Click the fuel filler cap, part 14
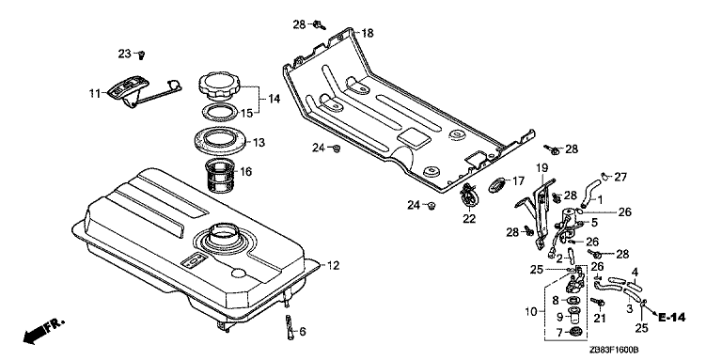[219, 86]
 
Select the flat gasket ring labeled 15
[220, 113]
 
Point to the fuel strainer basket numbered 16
[220, 177]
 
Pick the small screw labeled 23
[142, 55]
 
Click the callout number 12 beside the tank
[334, 265]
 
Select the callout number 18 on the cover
[368, 33]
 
